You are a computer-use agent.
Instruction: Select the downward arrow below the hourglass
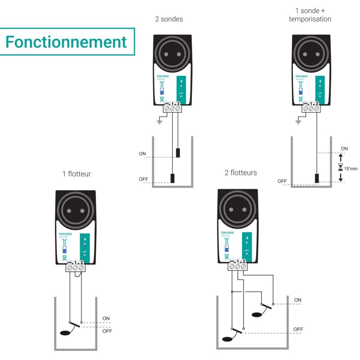point(340,177)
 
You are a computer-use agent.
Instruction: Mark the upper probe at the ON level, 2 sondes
point(178,152)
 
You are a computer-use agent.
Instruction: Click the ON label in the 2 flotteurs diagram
point(297,300)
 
